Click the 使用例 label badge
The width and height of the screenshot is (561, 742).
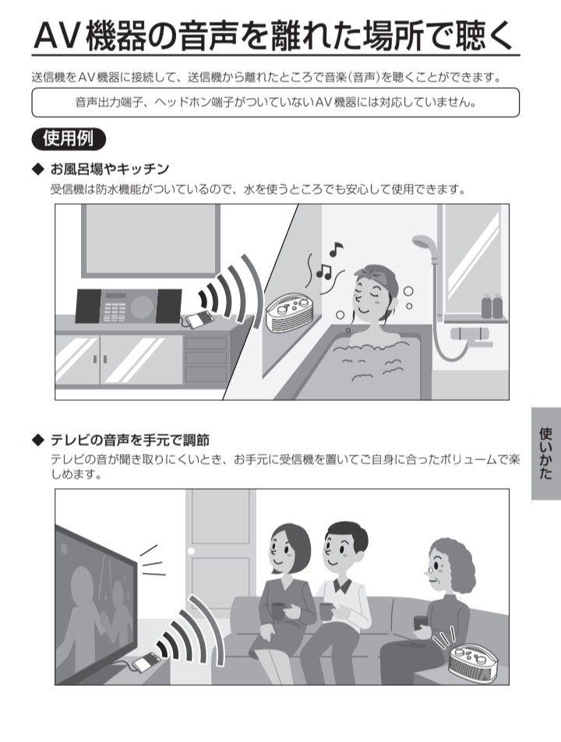click(x=69, y=139)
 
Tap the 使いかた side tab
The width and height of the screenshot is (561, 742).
click(x=546, y=453)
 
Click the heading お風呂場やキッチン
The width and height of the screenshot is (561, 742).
click(x=110, y=169)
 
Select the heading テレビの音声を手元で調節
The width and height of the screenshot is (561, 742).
click(x=129, y=440)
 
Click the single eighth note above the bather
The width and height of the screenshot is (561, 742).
click(x=336, y=248)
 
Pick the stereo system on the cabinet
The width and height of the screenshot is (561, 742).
click(x=128, y=306)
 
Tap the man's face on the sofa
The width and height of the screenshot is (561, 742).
click(x=340, y=548)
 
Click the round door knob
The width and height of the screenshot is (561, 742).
click(x=191, y=550)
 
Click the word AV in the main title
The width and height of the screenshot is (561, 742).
click(x=55, y=37)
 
